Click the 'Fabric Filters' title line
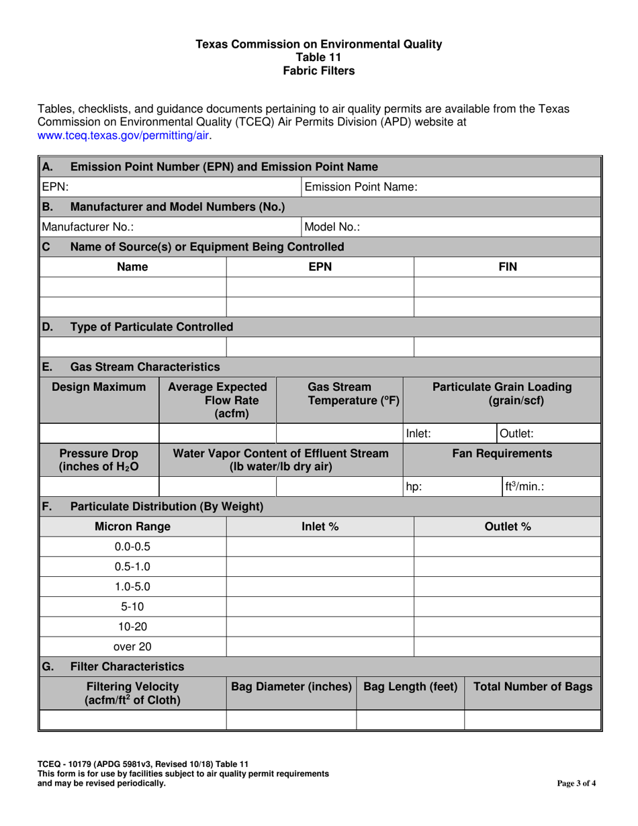point(318,71)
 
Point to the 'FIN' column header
point(507,267)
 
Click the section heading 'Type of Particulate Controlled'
point(152,327)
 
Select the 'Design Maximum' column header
point(99,387)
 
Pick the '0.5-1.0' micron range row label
point(132,565)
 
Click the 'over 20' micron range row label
point(132,647)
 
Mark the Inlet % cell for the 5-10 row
point(320,606)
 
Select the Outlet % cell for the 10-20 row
point(507,627)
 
